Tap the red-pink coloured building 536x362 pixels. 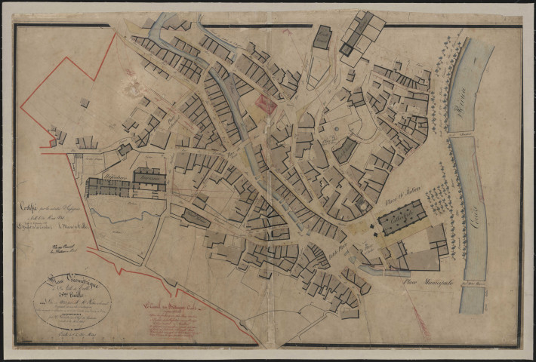tap(266, 104)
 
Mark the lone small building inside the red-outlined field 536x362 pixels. tap(85, 103)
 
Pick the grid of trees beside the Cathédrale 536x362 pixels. tap(439, 198)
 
